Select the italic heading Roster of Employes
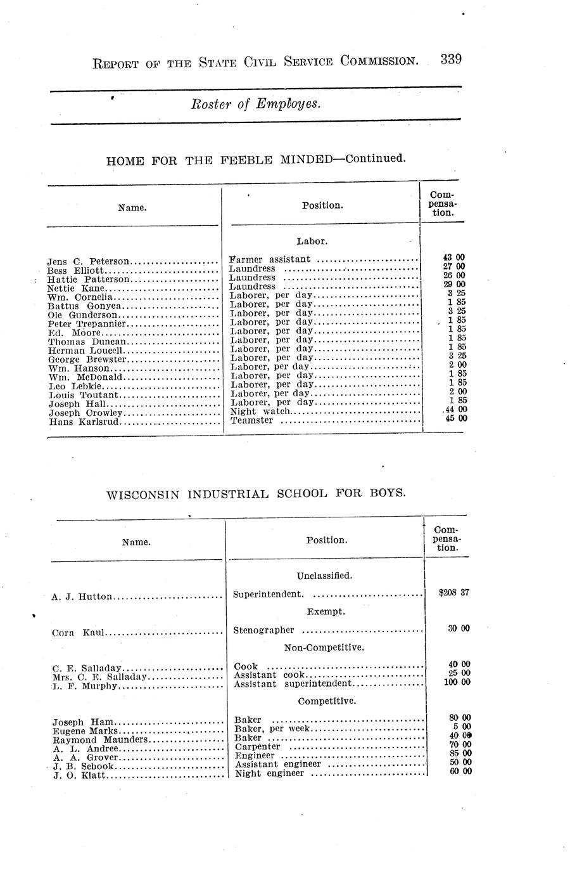click(256, 105)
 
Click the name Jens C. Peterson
click(88, 261)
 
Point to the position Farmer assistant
click(270, 259)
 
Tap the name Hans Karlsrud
click(84, 422)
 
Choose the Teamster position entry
click(252, 420)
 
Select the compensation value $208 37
click(454, 593)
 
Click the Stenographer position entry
click(264, 630)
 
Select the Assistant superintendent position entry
click(292, 684)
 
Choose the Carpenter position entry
click(257, 747)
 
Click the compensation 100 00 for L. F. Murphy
click(457, 682)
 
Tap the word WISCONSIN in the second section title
click(142, 493)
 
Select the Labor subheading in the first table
click(312, 242)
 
